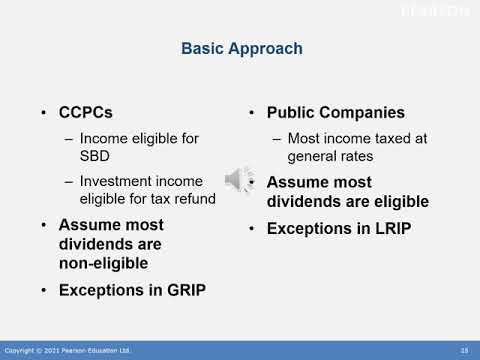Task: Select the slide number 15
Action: tap(464, 350)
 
